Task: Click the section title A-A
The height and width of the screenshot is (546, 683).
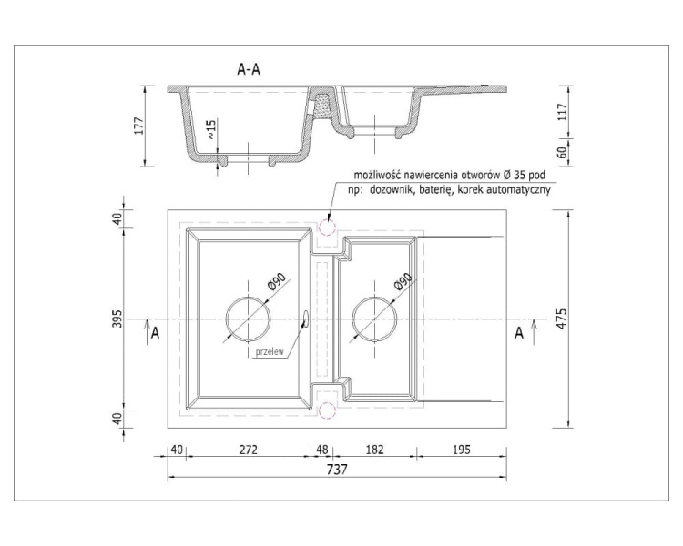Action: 250,69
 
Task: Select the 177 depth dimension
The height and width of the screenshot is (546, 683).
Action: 139,126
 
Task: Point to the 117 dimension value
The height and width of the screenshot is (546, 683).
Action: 562,112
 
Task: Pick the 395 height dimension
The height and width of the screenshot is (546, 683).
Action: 117,319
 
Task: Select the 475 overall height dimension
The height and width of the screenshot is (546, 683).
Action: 562,319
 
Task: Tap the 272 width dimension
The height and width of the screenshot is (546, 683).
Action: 249,449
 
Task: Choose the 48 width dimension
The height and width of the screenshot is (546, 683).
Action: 322,449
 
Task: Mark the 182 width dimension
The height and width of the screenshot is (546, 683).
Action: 374,449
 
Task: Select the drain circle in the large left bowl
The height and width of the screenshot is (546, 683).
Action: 248,318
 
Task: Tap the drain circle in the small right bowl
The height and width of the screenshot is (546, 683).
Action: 373,318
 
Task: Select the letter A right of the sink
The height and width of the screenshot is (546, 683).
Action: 519,334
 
